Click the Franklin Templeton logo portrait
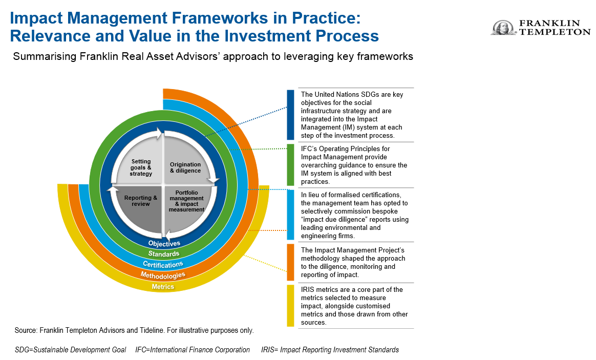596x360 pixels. [503, 28]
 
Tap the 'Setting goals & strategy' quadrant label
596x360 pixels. [141, 167]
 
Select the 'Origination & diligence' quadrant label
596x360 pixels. [185, 167]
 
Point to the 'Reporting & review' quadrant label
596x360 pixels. [141, 201]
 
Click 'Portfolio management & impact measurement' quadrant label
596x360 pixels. [186, 201]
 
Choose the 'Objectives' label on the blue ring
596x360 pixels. [164, 244]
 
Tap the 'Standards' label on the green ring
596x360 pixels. [164, 254]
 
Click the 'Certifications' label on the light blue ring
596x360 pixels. [163, 265]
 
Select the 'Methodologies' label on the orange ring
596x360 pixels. [163, 276]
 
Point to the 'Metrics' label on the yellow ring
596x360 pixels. [163, 287]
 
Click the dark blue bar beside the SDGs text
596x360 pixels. [290, 115]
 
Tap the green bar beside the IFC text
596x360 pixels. [290, 164]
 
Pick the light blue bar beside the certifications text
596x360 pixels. [290, 215]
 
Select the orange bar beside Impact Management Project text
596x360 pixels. [290, 262]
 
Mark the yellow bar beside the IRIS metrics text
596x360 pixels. [290, 305]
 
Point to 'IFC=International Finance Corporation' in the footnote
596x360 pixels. [193, 350]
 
